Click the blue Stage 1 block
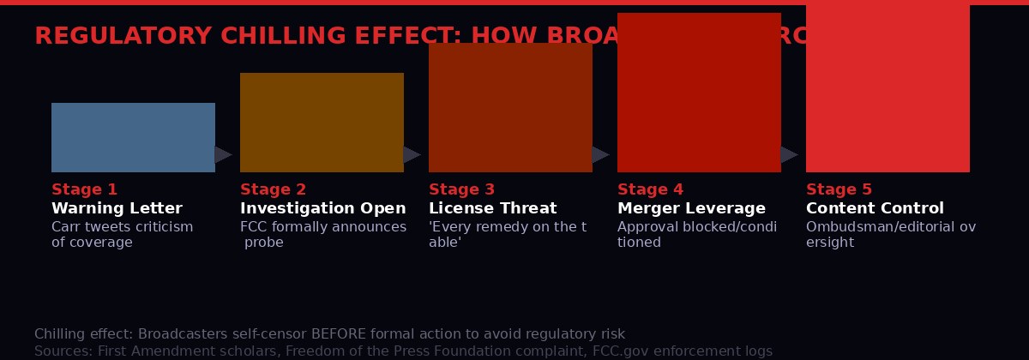click(133, 137)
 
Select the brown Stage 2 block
click(322, 123)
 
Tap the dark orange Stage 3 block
click(510, 107)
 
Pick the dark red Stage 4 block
click(699, 93)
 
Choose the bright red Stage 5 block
click(888, 86)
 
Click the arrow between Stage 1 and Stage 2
click(223, 154)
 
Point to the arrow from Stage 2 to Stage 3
click(412, 154)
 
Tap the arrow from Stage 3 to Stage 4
click(600, 154)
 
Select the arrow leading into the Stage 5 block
click(789, 154)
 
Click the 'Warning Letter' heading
click(117, 208)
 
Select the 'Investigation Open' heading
click(322, 208)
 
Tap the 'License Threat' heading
click(492, 208)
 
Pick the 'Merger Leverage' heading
click(691, 208)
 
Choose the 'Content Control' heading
click(875, 208)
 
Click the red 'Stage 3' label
click(461, 189)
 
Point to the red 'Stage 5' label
click(839, 189)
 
